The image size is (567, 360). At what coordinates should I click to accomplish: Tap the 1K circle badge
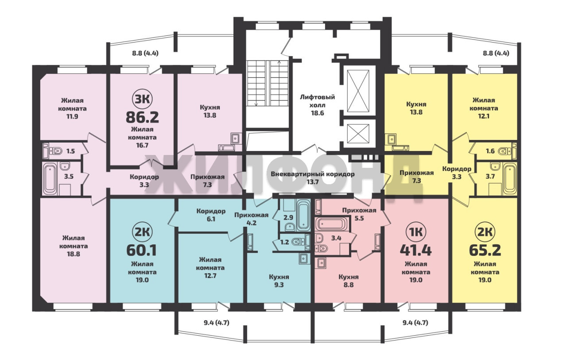[416, 232]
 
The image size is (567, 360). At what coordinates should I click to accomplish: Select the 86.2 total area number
[142, 117]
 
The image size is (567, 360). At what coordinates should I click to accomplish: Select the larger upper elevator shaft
[358, 91]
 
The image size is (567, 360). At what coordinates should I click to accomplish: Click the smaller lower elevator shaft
[358, 133]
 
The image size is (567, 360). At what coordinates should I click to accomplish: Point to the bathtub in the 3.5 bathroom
[50, 178]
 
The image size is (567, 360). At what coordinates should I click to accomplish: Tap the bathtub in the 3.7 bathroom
[510, 178]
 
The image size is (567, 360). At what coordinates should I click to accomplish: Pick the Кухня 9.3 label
[279, 281]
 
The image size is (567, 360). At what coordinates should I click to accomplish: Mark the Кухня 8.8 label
[349, 281]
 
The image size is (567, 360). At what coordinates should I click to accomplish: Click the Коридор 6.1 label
[211, 215]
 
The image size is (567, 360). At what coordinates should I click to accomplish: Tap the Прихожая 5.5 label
[359, 214]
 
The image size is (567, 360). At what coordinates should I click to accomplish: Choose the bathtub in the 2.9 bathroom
[303, 215]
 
